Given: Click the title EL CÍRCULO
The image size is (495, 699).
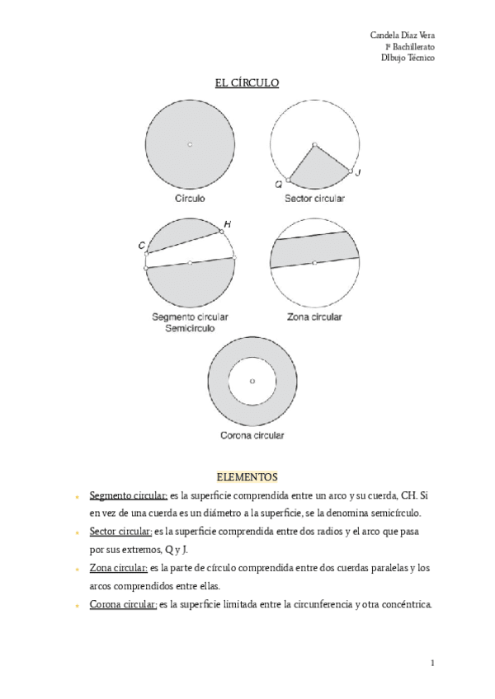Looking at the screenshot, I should point(247,82).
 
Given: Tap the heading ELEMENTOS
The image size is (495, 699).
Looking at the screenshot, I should point(247,476).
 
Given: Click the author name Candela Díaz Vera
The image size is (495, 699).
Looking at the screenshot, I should point(403,35).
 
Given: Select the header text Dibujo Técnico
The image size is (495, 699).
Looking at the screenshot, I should point(408,58).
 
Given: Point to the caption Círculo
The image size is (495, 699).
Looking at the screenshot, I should point(190,199).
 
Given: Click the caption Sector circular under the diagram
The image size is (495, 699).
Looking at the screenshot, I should point(315,199).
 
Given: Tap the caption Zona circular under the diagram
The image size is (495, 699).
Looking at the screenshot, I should point(314,317).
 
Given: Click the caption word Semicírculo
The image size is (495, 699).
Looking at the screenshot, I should point(190,327).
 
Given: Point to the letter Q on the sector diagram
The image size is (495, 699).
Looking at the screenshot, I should point(279,185).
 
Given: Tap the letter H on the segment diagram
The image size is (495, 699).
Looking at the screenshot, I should point(227,223).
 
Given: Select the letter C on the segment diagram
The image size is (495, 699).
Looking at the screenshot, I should point(142,245).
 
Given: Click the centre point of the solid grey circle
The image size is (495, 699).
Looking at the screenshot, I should point(190,145).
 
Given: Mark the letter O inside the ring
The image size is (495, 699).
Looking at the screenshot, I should point(252,380).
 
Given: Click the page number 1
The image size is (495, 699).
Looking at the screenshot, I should point(432,663).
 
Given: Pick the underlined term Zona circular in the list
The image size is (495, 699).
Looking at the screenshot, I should point(118,568).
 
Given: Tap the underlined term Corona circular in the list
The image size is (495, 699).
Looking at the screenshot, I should point(123,604).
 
